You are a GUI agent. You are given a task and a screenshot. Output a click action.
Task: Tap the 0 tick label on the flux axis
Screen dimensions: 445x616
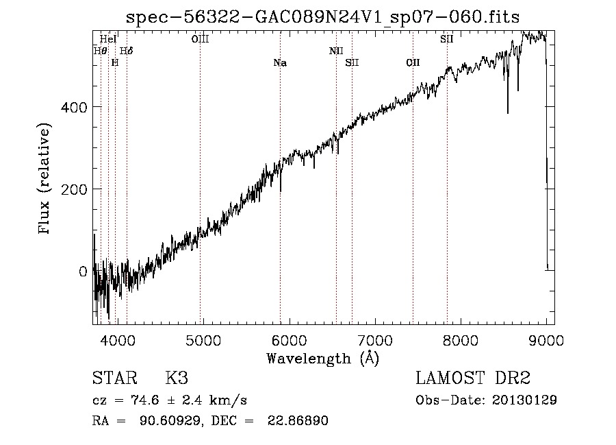83,272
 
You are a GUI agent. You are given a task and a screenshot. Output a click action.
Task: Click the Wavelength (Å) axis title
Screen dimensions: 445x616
323,358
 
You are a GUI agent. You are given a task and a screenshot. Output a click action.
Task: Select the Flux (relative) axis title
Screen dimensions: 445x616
46,180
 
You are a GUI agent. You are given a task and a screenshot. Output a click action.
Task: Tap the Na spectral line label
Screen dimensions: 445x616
279,63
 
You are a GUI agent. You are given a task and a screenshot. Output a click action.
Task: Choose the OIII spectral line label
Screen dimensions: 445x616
200,39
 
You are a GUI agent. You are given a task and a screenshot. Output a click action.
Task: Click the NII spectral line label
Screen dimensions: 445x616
336,51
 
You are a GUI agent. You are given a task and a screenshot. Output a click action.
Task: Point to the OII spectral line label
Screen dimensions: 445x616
413,63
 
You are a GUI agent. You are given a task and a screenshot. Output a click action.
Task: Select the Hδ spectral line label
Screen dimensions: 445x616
127,51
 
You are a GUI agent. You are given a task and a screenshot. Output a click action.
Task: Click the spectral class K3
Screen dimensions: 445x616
177,378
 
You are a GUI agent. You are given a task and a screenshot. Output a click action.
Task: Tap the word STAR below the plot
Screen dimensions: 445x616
114,378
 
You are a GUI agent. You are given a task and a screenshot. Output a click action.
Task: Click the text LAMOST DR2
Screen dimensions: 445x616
473,378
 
